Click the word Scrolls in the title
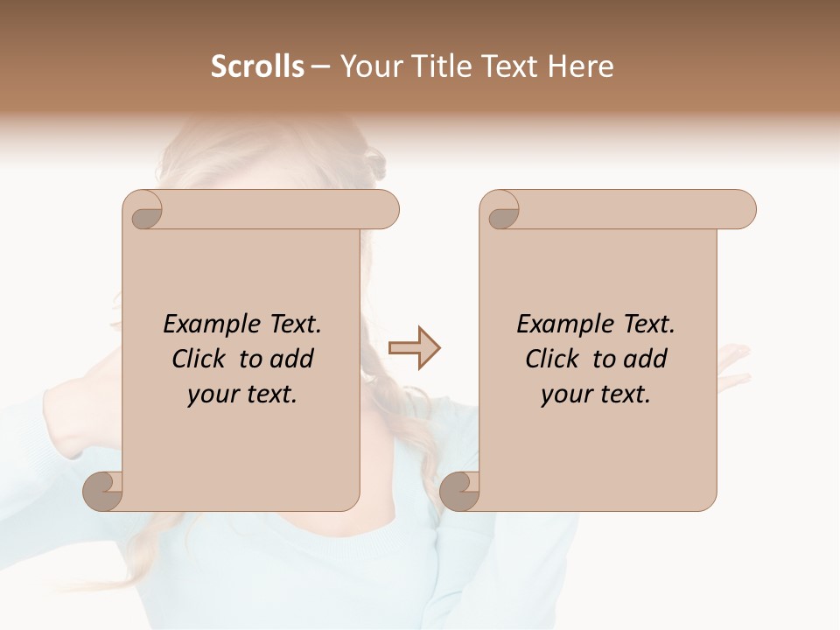(x=257, y=66)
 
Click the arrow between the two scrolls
(x=415, y=348)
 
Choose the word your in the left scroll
(x=211, y=395)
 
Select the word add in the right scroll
(x=643, y=359)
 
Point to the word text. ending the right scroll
(x=621, y=395)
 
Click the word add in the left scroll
(x=290, y=359)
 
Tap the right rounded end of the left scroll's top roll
(x=386, y=210)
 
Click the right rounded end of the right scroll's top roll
(x=743, y=210)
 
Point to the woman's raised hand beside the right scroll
(x=732, y=363)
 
